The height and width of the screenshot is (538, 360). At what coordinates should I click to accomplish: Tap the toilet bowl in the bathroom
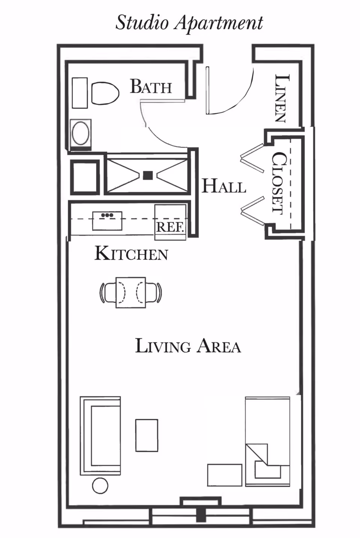point(105,93)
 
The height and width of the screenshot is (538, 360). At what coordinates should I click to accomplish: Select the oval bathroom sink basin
point(81,133)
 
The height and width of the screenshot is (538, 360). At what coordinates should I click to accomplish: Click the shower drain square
point(148,175)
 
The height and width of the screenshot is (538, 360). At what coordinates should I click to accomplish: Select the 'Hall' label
point(223,186)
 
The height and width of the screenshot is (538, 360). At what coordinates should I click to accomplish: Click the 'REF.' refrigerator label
point(170,227)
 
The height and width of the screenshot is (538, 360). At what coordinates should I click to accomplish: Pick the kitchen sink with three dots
point(107,221)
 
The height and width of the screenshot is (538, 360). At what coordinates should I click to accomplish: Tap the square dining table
point(130,292)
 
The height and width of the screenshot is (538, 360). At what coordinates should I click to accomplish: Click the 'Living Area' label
point(188,346)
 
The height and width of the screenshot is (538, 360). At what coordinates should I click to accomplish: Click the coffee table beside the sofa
point(147,435)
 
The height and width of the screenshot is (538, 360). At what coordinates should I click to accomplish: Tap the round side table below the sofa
point(100,486)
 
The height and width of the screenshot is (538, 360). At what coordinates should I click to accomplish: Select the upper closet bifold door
point(252,158)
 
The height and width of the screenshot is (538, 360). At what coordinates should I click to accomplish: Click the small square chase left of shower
point(85,177)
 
